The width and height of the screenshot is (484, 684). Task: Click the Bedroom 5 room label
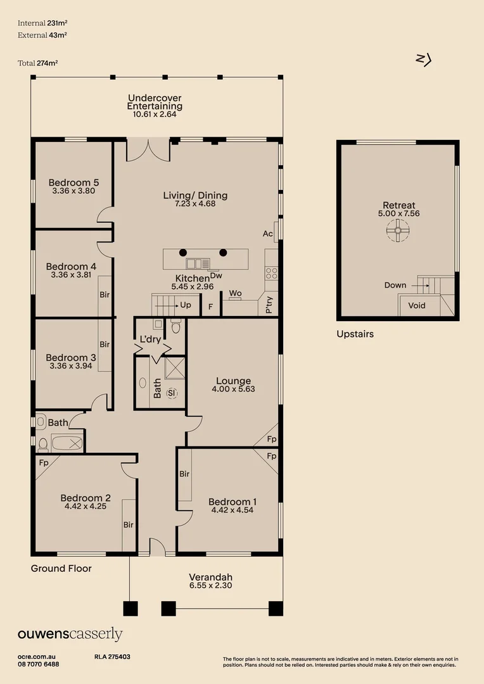pyautogui.click(x=73, y=182)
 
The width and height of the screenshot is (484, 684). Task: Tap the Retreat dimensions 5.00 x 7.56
pyautogui.click(x=399, y=213)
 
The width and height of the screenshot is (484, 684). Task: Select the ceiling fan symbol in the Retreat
pyautogui.click(x=398, y=232)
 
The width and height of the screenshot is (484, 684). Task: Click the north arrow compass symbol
pyautogui.click(x=423, y=60)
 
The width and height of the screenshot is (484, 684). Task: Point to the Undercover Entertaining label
pyautogui.click(x=155, y=102)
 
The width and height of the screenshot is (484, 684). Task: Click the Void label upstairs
pyautogui.click(x=417, y=305)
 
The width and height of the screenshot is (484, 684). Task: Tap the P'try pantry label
pyautogui.click(x=269, y=307)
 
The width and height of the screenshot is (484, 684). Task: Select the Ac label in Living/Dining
pyautogui.click(x=267, y=234)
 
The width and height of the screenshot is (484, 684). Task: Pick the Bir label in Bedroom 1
pyautogui.click(x=184, y=474)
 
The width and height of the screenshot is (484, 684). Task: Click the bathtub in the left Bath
pyautogui.click(x=67, y=443)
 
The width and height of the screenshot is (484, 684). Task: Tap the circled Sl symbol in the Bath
pyautogui.click(x=171, y=393)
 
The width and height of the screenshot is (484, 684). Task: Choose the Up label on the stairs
pyautogui.click(x=186, y=305)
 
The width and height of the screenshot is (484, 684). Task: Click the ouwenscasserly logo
pyautogui.click(x=70, y=635)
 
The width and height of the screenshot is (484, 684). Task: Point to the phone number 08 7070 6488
pyautogui.click(x=39, y=664)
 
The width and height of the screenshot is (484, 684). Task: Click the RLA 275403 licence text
pyautogui.click(x=112, y=657)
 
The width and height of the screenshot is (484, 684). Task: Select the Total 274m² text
pyautogui.click(x=42, y=63)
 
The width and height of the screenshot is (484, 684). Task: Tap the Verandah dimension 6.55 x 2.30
pyautogui.click(x=210, y=586)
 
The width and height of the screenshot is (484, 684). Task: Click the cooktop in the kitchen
pyautogui.click(x=272, y=273)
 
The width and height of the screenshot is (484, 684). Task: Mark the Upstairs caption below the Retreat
pyautogui.click(x=355, y=334)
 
